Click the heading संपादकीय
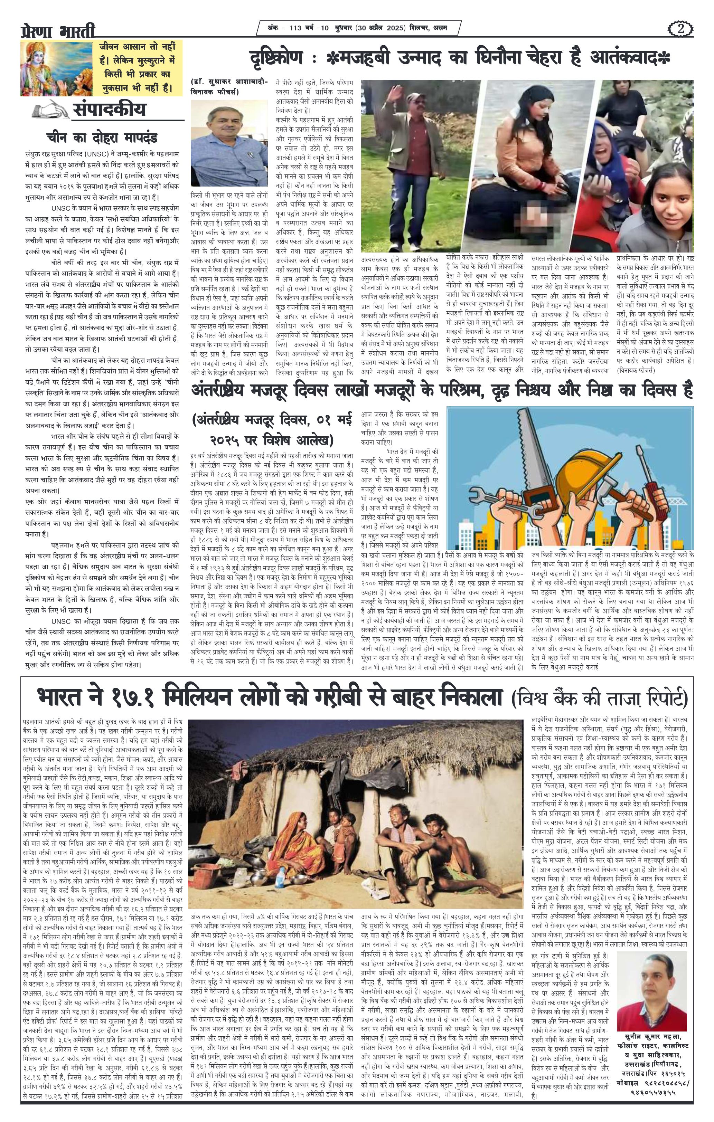(109, 110)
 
